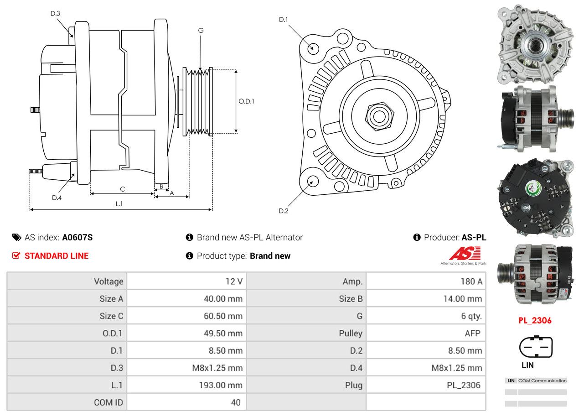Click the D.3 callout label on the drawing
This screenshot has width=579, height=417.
tap(55, 13)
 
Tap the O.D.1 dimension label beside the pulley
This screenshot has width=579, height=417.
tap(246, 101)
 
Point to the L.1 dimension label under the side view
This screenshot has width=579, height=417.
tap(119, 204)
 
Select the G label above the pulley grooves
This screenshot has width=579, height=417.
tap(201, 31)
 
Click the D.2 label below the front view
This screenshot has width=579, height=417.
tap(284, 211)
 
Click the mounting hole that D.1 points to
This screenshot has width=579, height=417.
tap(313, 48)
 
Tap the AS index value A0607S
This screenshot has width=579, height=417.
tap(77, 237)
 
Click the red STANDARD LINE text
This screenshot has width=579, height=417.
tap(57, 256)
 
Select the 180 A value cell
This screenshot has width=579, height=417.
tap(471, 281)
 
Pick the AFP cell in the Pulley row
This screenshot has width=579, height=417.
tap(472, 333)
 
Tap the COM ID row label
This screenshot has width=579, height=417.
tap(109, 402)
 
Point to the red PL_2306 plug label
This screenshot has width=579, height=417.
tap(535, 320)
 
